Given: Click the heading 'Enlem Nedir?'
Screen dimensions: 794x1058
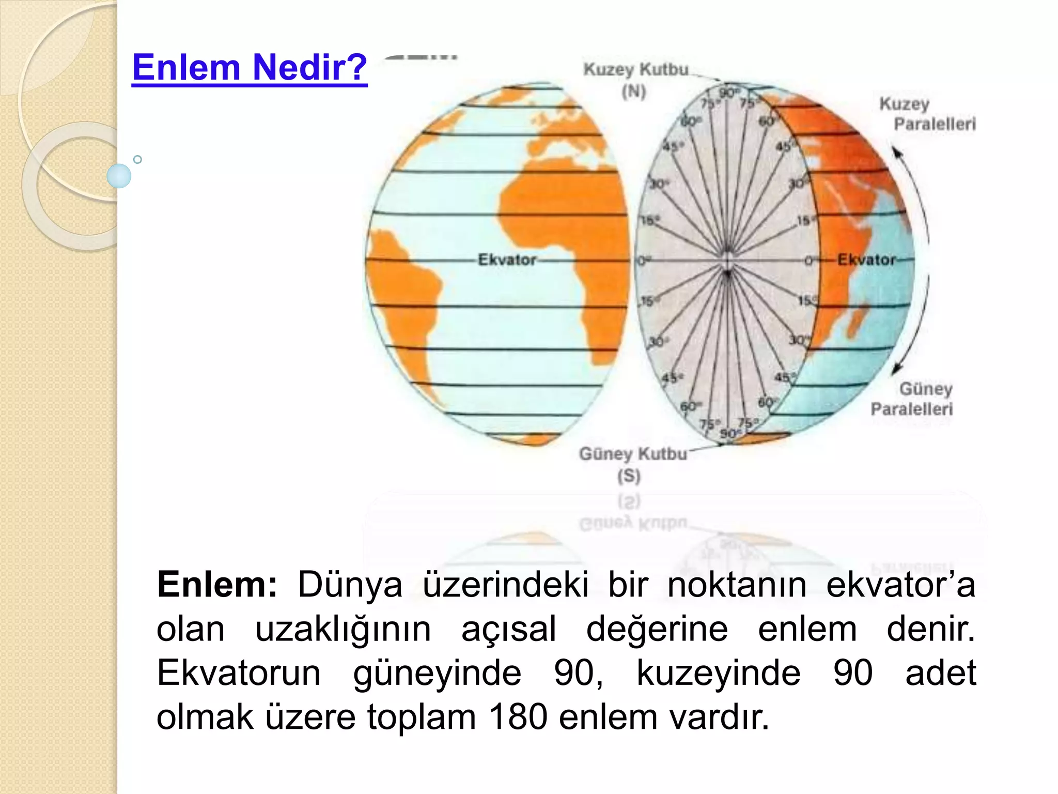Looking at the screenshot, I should [x=250, y=67].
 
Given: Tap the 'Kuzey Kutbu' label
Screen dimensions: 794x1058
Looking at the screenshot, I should [x=636, y=69].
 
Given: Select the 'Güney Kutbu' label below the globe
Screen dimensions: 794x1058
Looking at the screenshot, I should [x=633, y=454].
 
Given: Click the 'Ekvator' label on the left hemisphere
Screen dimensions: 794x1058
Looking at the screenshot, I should [x=507, y=259].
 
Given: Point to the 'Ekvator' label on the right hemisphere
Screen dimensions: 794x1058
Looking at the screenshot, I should [x=866, y=259].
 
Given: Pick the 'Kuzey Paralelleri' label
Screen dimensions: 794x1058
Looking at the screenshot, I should [x=927, y=114].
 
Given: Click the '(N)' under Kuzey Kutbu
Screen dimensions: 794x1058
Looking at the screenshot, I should [x=634, y=92].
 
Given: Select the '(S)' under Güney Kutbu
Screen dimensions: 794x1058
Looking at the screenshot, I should [x=629, y=476].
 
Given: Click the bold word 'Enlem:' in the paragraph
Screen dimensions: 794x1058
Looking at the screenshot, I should [x=217, y=585].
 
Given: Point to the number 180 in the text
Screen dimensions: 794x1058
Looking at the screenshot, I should [x=518, y=717].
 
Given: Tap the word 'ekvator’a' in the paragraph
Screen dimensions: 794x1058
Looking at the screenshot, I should [x=900, y=585].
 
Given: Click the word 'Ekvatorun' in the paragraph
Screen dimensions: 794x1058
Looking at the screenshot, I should [x=239, y=673].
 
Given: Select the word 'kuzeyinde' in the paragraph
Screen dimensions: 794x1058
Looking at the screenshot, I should [x=719, y=673].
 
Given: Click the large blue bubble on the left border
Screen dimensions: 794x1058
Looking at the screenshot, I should [x=119, y=176].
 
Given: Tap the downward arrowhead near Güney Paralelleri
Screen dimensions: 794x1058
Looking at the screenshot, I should [x=896, y=369].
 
